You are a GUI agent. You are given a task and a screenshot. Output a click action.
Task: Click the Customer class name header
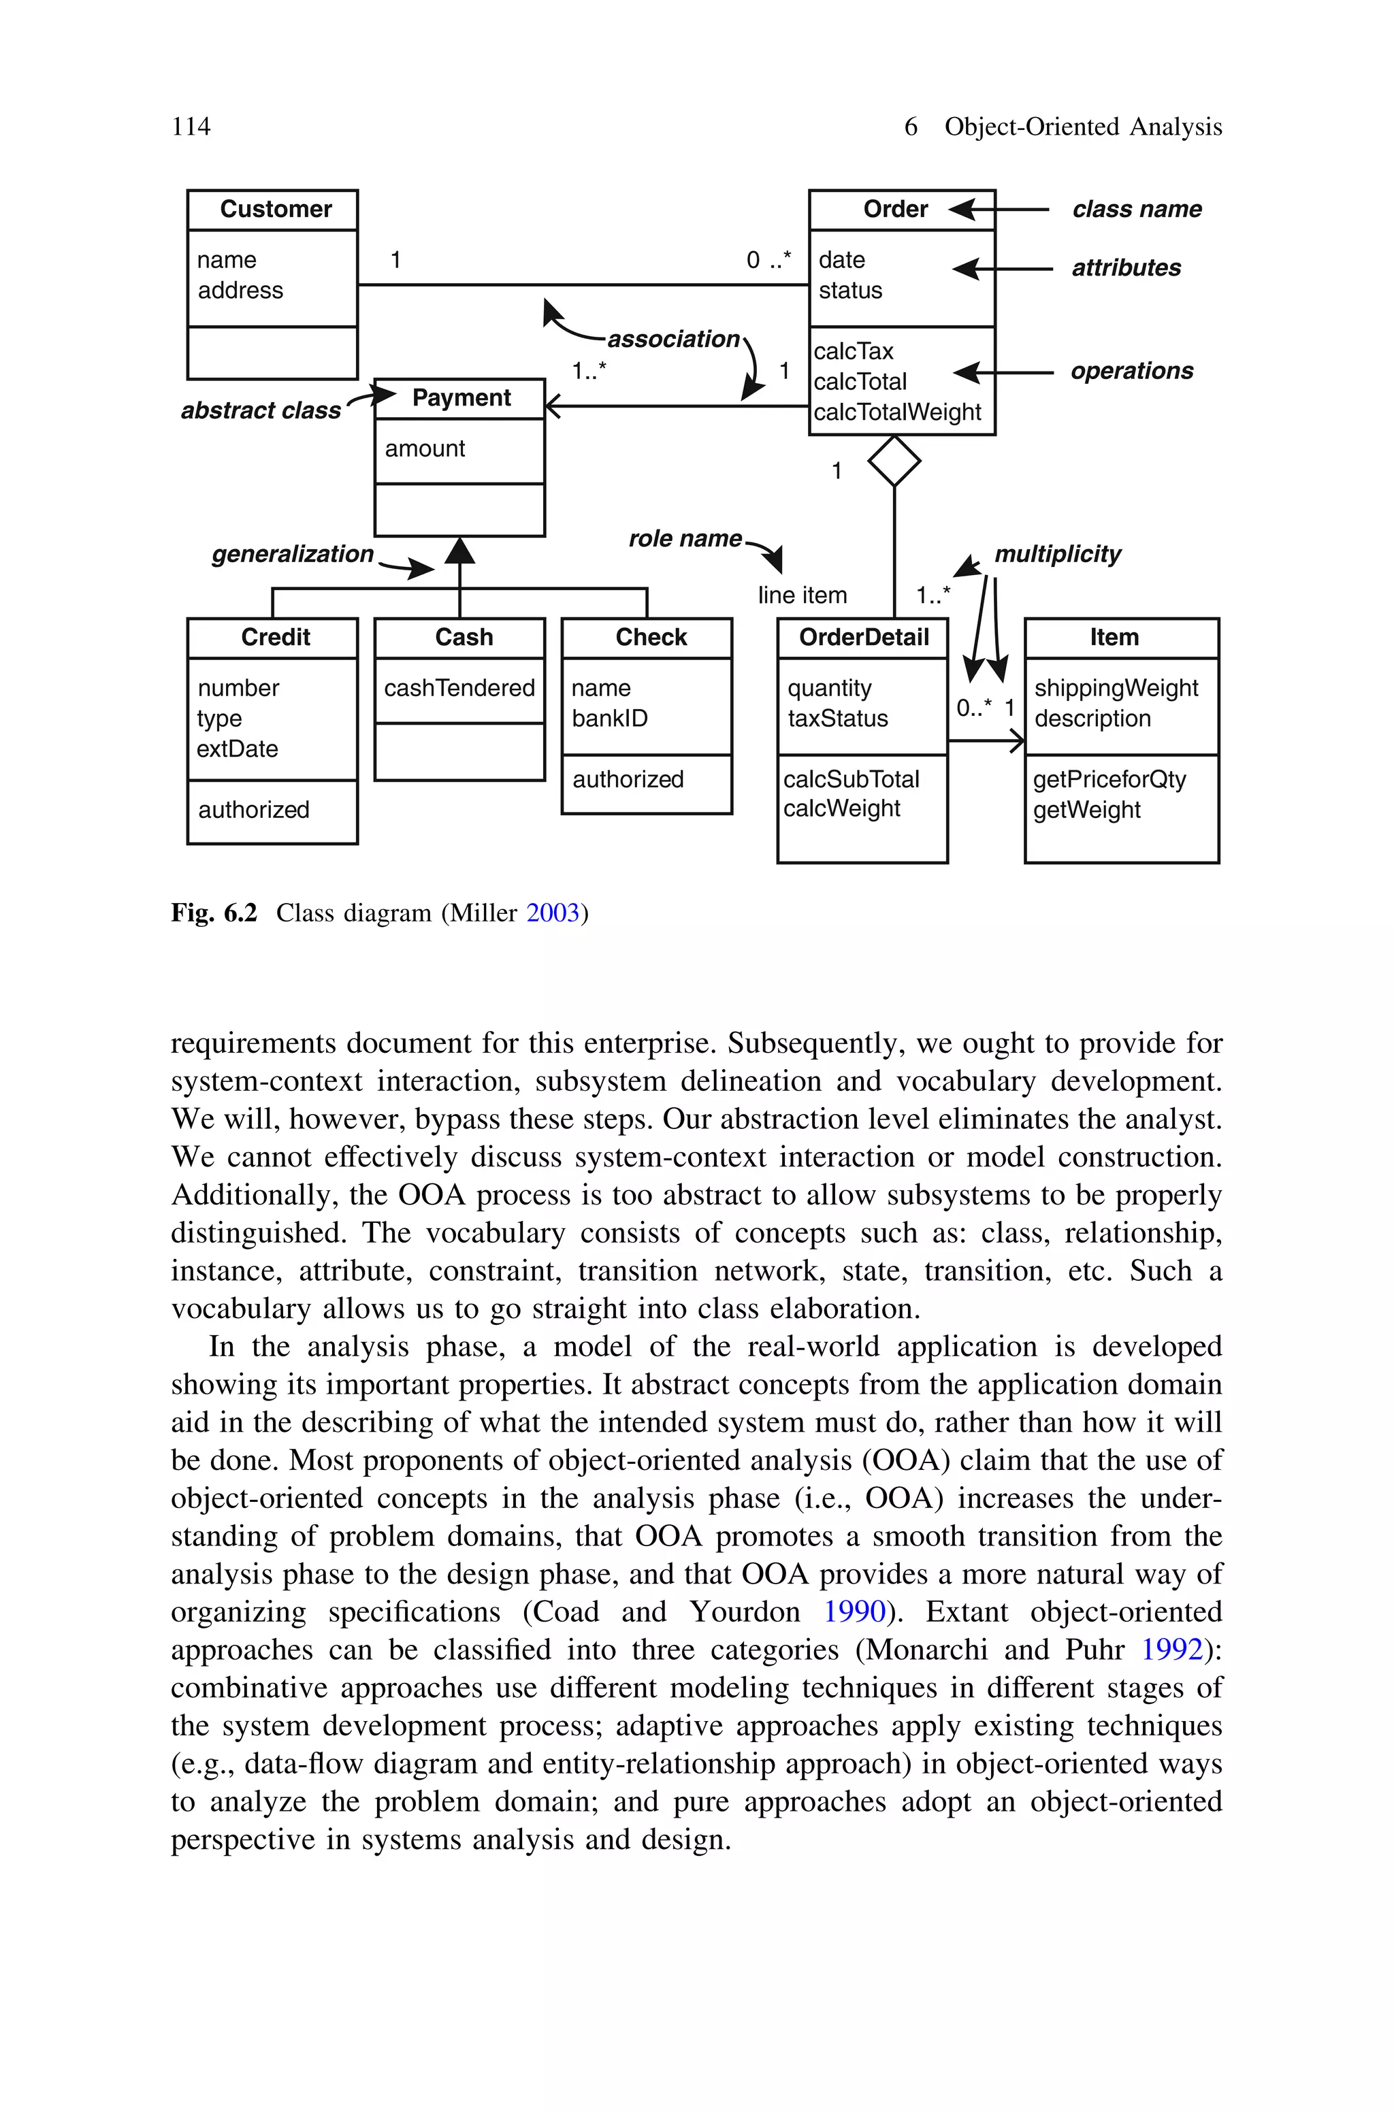[275, 209]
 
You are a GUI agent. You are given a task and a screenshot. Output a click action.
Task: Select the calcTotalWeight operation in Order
[896, 412]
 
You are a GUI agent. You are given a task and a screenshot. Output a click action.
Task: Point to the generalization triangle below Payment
[459, 551]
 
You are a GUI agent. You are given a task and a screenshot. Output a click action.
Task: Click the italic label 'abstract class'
[261, 410]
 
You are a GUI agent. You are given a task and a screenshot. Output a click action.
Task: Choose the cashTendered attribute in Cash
[459, 689]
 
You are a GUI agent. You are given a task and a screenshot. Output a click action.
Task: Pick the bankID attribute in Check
[609, 719]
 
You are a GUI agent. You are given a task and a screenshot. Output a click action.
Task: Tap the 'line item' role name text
[802, 595]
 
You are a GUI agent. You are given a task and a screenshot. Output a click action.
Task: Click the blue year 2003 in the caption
[552, 913]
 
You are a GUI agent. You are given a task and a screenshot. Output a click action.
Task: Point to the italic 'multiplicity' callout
[1057, 555]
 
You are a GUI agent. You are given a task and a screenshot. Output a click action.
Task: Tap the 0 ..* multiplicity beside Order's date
[768, 261]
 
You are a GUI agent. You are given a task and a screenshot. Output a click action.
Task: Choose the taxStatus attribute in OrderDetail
[837, 719]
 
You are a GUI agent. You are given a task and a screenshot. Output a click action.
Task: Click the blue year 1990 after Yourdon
[854, 1612]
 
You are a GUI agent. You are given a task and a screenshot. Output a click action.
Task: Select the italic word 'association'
[673, 340]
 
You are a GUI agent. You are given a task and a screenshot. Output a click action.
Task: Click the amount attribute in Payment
[424, 448]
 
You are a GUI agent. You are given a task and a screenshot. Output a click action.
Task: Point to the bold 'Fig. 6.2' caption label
[213, 913]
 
